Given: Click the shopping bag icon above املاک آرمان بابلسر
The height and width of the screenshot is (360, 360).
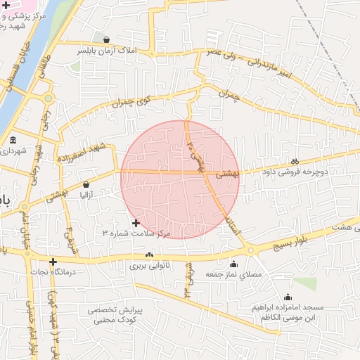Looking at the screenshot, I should tap(106, 40).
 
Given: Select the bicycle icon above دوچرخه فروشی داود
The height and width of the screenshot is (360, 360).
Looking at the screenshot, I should tap(295, 160).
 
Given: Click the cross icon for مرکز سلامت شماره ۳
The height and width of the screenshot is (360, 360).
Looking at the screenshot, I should tap(136, 223).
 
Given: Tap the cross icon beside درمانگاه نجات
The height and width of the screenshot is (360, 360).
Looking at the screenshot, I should tap(53, 262).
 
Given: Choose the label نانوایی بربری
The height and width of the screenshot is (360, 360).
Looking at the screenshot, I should tap(148, 266).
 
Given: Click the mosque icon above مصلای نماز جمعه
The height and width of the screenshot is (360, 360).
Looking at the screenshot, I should tap(233, 264).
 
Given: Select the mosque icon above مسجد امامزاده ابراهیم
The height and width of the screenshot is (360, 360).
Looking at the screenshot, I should tap(288, 297).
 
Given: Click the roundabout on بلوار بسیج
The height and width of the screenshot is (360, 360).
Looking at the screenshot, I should tap(250, 251).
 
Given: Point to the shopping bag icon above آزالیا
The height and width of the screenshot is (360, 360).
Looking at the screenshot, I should tap(86, 184).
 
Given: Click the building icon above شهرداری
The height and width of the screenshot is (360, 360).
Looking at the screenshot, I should tap(13, 140).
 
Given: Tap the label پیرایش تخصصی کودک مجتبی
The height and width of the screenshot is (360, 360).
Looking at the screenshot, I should tap(115, 315).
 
